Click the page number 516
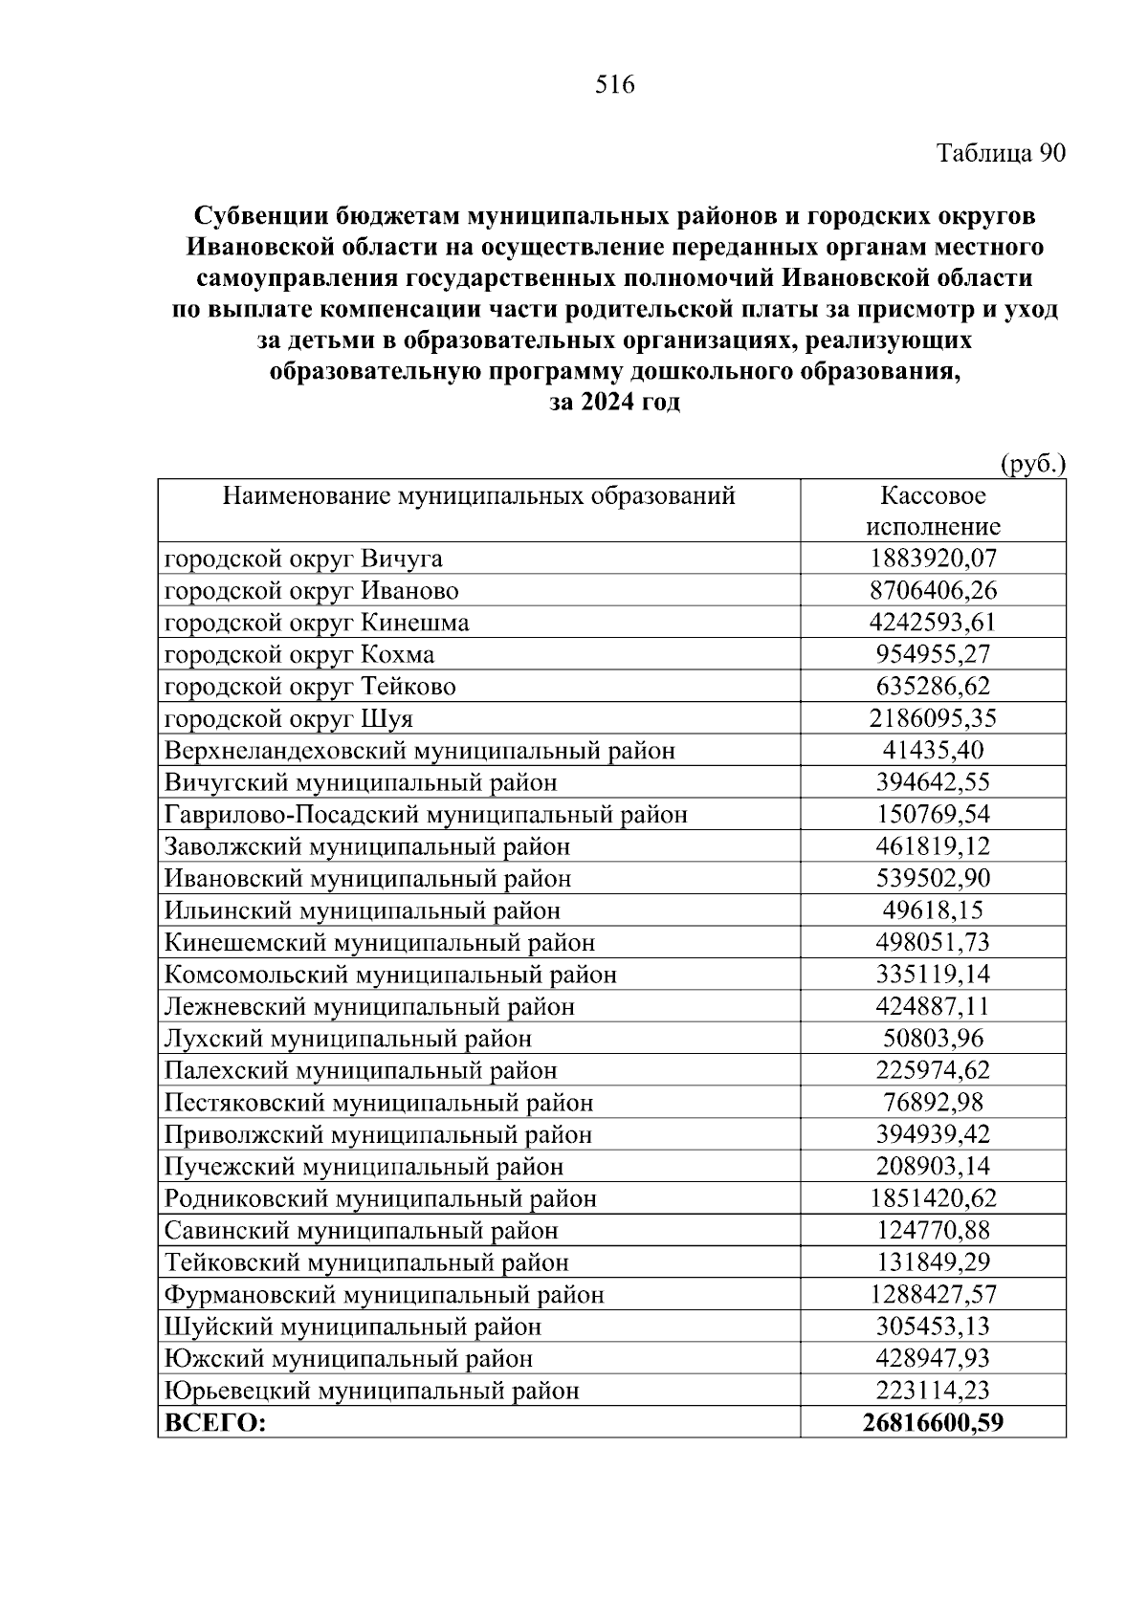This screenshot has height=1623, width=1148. [x=614, y=86]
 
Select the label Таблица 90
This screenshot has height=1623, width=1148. [x=1000, y=153]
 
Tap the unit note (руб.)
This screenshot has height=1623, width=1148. [x=1032, y=465]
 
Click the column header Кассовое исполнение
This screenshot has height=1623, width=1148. [x=933, y=512]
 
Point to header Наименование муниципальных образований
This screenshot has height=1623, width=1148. [x=478, y=496]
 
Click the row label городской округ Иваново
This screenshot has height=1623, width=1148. [x=311, y=591]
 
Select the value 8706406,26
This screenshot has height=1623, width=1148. [x=933, y=591]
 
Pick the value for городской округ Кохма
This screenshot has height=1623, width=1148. [x=933, y=655]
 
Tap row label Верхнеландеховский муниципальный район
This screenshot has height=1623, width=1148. [x=419, y=751]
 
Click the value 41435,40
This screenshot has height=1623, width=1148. [x=933, y=751]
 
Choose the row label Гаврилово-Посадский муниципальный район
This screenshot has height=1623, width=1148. [x=426, y=815]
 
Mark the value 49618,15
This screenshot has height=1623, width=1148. [x=933, y=910]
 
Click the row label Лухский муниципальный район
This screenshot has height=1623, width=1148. [x=347, y=1039]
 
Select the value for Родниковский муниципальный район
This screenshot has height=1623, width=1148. [x=933, y=1198]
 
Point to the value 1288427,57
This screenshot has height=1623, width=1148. [x=933, y=1294]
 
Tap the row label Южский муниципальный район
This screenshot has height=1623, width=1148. [x=348, y=1358]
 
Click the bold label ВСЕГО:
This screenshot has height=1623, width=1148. [x=215, y=1423]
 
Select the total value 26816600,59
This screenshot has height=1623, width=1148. [x=933, y=1423]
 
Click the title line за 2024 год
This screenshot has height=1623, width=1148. [x=614, y=403]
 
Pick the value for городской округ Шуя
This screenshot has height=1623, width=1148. [x=933, y=718]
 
